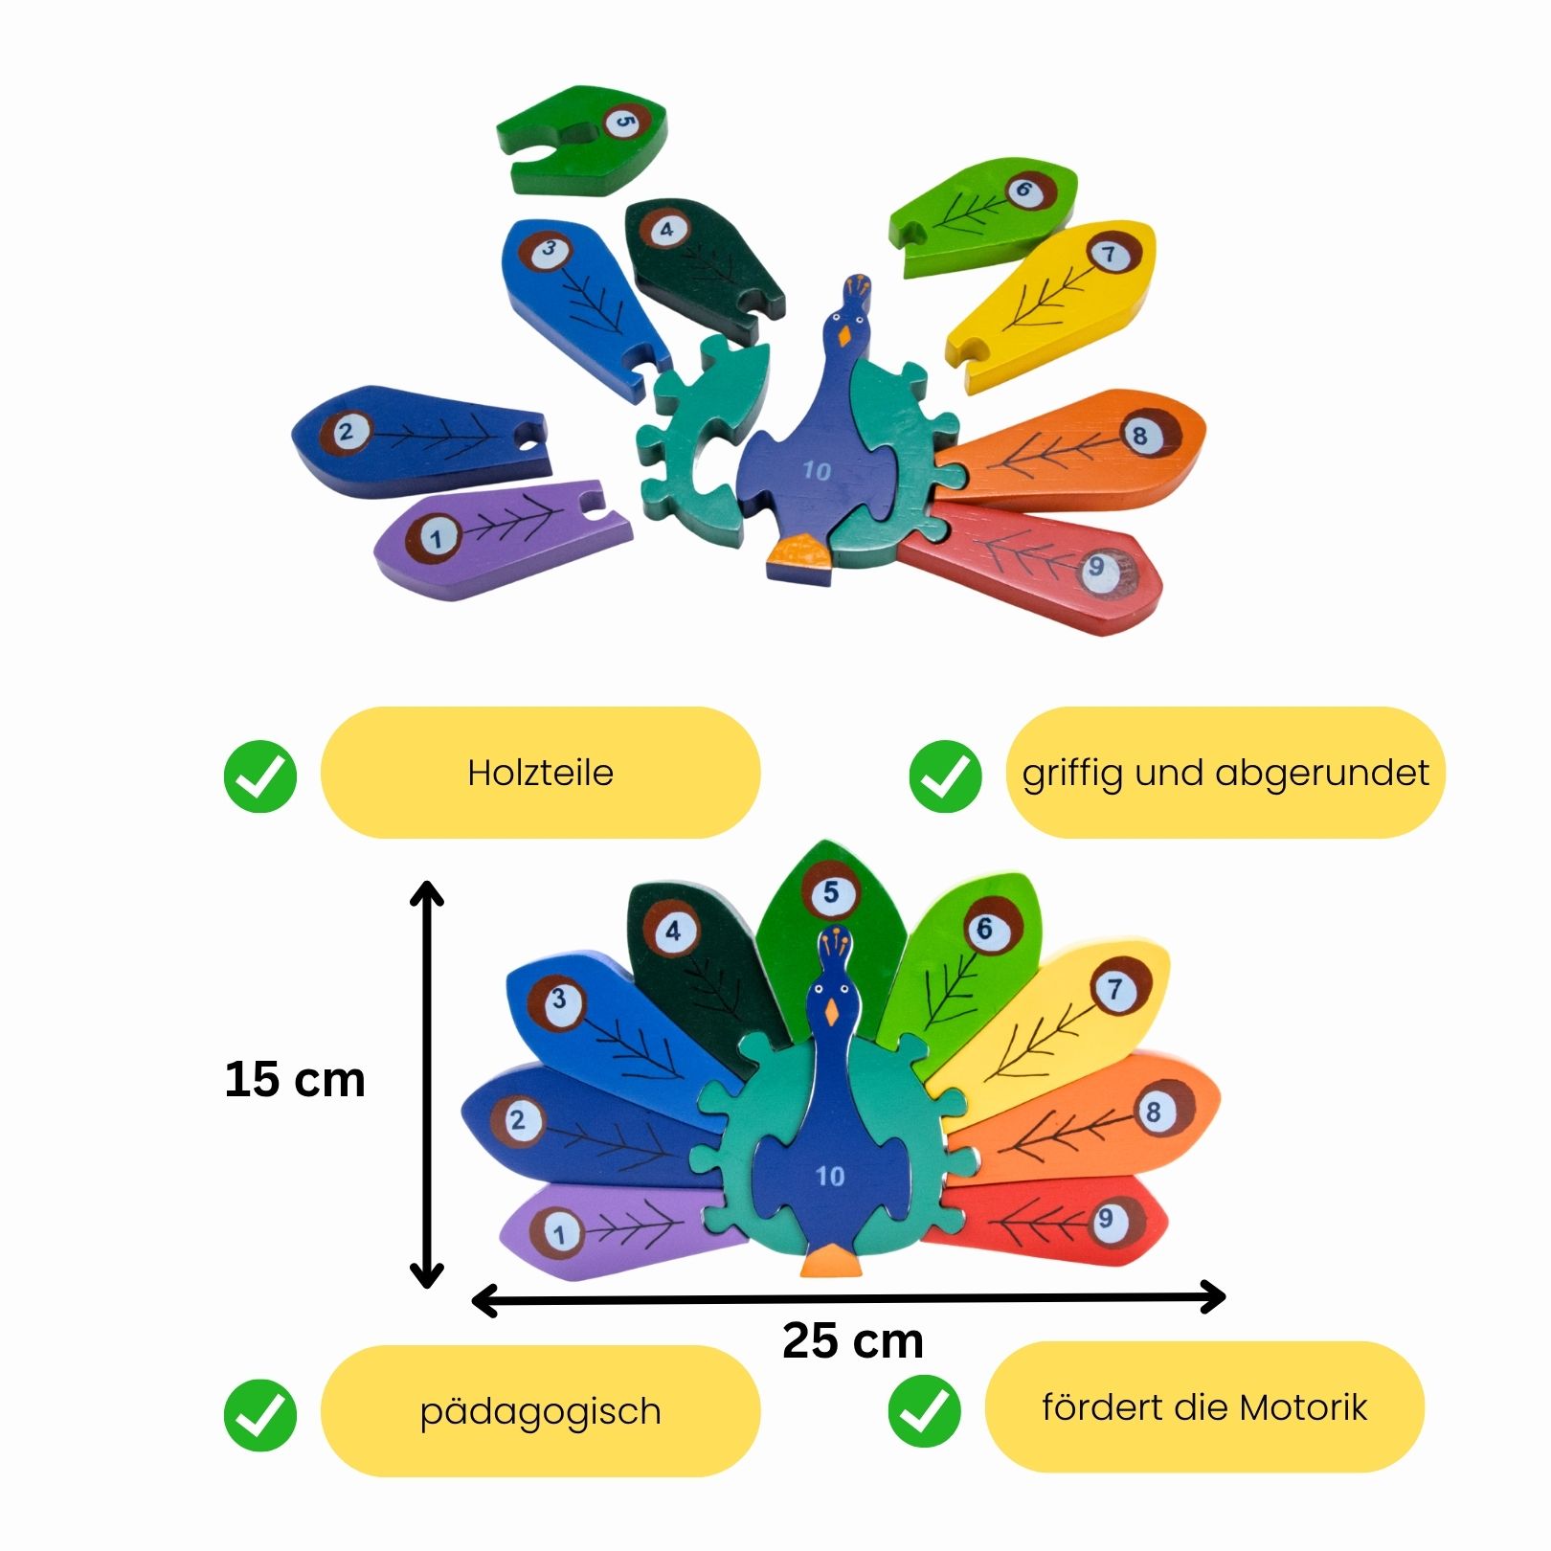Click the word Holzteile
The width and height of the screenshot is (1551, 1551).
pos(540,773)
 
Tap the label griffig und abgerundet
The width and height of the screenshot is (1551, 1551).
pos(1225,773)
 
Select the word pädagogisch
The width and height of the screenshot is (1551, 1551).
pos(540,1411)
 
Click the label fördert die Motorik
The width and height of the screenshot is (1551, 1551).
pos(1204,1407)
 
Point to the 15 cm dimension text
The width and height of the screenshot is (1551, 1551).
pos(295,1080)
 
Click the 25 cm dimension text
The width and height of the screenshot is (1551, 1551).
pos(852,1340)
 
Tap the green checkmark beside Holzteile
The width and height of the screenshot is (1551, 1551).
pos(260,775)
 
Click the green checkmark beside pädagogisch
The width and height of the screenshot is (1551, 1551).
pos(260,1415)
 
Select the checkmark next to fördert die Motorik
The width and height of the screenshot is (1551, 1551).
pos(924,1410)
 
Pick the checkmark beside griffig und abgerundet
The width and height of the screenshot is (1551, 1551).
pos(945,775)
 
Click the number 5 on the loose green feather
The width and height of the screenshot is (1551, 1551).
pos(624,122)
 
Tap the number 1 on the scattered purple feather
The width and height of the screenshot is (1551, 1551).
pos(437,538)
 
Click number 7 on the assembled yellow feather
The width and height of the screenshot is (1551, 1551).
pos(1115,988)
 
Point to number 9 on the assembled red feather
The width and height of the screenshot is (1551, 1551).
pos(1106,1219)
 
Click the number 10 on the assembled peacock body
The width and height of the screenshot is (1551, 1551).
pos(830,1175)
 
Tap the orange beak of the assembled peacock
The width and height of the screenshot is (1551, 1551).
pos(831,1011)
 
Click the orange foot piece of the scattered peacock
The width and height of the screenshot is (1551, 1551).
pos(798,555)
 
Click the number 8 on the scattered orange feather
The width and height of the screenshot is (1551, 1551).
pos(1139,436)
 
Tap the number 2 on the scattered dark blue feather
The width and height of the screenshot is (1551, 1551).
pos(346,431)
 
